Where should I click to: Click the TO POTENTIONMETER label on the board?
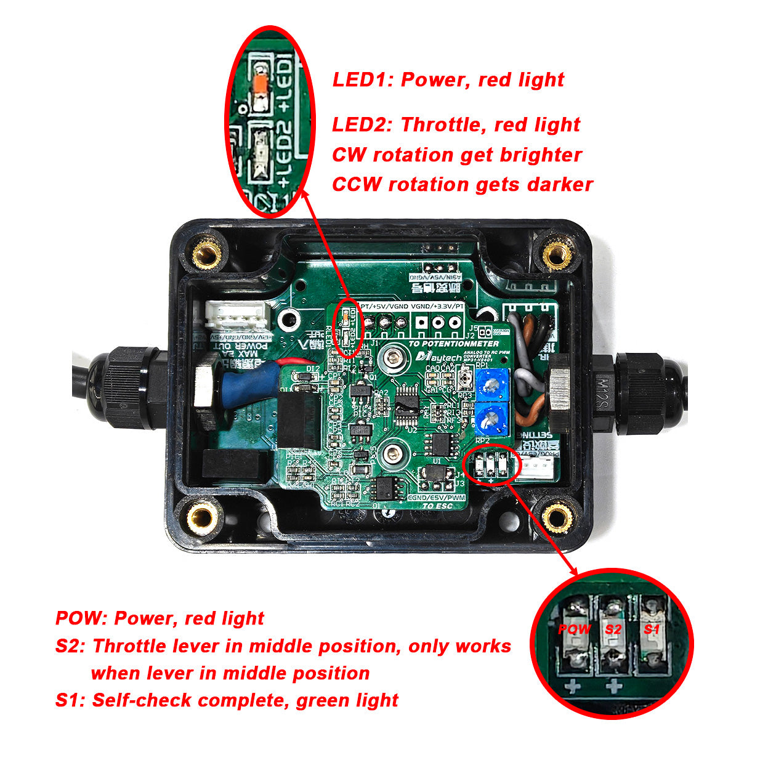tap(454, 343)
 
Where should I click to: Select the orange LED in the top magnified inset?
tap(260, 84)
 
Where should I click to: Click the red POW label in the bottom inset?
tap(574, 629)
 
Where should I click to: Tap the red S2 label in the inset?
tap(613, 629)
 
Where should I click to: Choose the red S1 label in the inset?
tap(652, 629)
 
